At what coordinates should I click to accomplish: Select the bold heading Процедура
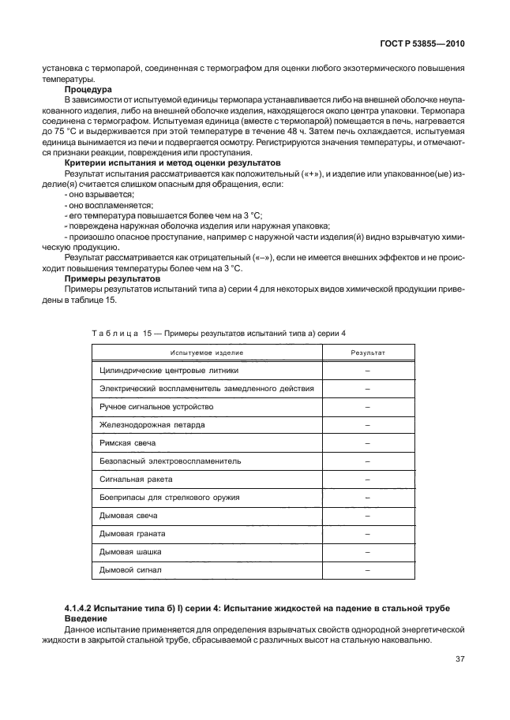click(x=88, y=90)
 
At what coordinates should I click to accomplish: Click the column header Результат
click(x=367, y=350)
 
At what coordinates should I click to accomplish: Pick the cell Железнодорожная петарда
click(x=141, y=424)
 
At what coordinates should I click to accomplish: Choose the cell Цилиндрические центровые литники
click(x=168, y=370)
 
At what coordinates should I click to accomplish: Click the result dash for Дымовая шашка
click(x=368, y=551)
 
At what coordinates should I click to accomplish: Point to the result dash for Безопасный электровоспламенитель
click(x=368, y=461)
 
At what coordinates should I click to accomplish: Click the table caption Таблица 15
click(x=117, y=334)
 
